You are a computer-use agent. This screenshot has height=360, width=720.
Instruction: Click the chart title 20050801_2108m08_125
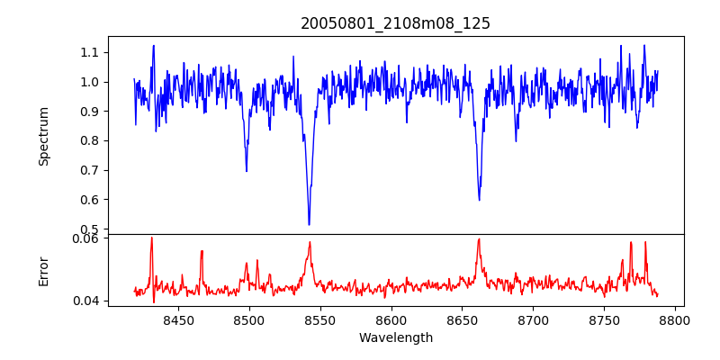pyautogui.click(x=395, y=23)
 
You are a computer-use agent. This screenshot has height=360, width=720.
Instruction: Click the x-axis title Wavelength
pyautogui.click(x=395, y=338)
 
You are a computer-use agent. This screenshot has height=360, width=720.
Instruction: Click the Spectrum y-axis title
pyautogui.click(x=43, y=136)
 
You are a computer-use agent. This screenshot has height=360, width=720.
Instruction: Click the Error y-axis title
pyautogui.click(x=43, y=271)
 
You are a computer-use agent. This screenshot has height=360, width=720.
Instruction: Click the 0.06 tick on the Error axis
pyautogui.click(x=85, y=238)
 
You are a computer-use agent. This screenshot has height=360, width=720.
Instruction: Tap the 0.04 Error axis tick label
pyautogui.click(x=85, y=301)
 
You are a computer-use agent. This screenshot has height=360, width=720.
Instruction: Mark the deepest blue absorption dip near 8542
pyautogui.click(x=309, y=224)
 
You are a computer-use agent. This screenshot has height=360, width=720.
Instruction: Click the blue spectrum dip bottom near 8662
pyautogui.click(x=479, y=199)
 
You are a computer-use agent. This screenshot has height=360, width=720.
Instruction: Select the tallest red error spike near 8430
pyautogui.click(x=151, y=238)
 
